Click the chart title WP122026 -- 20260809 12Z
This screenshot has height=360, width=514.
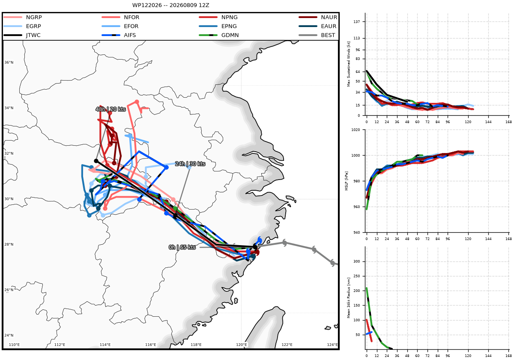pos(171,5)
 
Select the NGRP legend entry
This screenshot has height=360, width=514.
pos(23,17)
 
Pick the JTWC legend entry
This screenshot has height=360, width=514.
pos(22,35)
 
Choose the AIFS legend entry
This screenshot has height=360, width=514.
pos(119,35)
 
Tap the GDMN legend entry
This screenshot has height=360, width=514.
pos(219,35)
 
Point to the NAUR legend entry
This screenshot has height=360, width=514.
pos(318,17)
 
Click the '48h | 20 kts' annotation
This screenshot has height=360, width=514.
pos(111,109)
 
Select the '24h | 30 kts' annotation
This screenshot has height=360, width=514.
pos(190,164)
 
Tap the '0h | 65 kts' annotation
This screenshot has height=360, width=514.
pos(182,247)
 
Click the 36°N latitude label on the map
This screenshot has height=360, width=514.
pos(9,63)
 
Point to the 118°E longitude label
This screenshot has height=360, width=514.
pos(196,345)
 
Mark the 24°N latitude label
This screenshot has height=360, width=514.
pos(9,335)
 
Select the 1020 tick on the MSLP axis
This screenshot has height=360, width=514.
pos(356,130)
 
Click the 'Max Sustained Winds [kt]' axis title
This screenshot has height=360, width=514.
pos(349,64)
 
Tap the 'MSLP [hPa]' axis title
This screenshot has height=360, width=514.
pos(346,181)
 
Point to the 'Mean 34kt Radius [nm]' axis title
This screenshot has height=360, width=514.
pos(349,298)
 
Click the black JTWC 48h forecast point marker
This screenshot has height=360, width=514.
pos(96,161)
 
